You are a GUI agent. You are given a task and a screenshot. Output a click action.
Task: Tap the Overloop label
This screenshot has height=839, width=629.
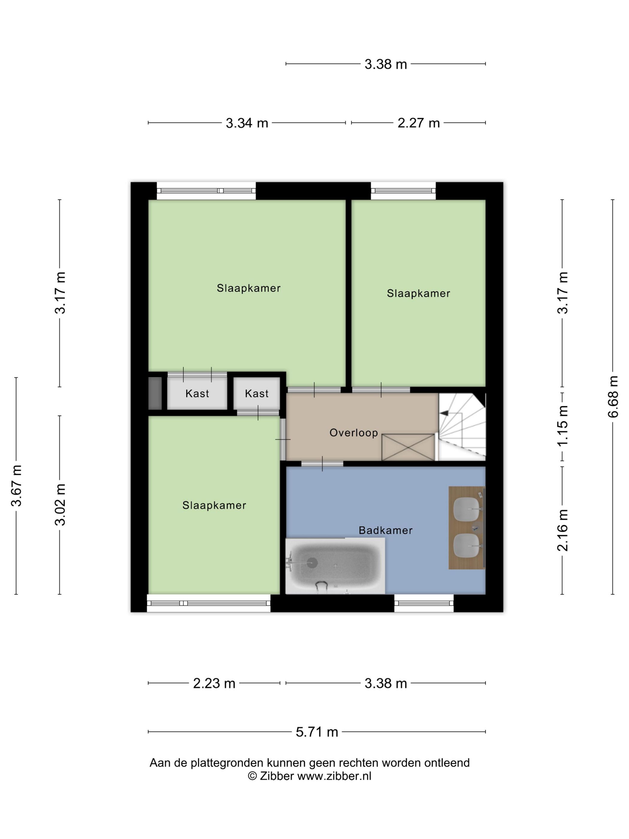353,433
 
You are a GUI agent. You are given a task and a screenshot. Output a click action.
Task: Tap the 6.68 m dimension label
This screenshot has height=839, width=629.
613,397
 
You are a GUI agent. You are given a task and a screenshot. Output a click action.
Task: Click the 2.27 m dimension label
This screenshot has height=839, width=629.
418,123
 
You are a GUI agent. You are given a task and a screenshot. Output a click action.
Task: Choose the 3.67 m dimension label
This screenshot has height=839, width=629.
16,485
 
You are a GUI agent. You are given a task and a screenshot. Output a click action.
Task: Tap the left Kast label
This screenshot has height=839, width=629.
197,394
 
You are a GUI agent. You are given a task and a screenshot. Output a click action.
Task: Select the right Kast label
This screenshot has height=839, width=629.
257,394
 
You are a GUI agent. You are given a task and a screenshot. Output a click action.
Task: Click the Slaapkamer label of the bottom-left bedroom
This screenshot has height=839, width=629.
214,505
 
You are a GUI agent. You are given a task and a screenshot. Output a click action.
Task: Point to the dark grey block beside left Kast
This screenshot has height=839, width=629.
155,393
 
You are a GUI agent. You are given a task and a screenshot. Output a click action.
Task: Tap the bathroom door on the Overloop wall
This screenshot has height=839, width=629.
322,464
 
